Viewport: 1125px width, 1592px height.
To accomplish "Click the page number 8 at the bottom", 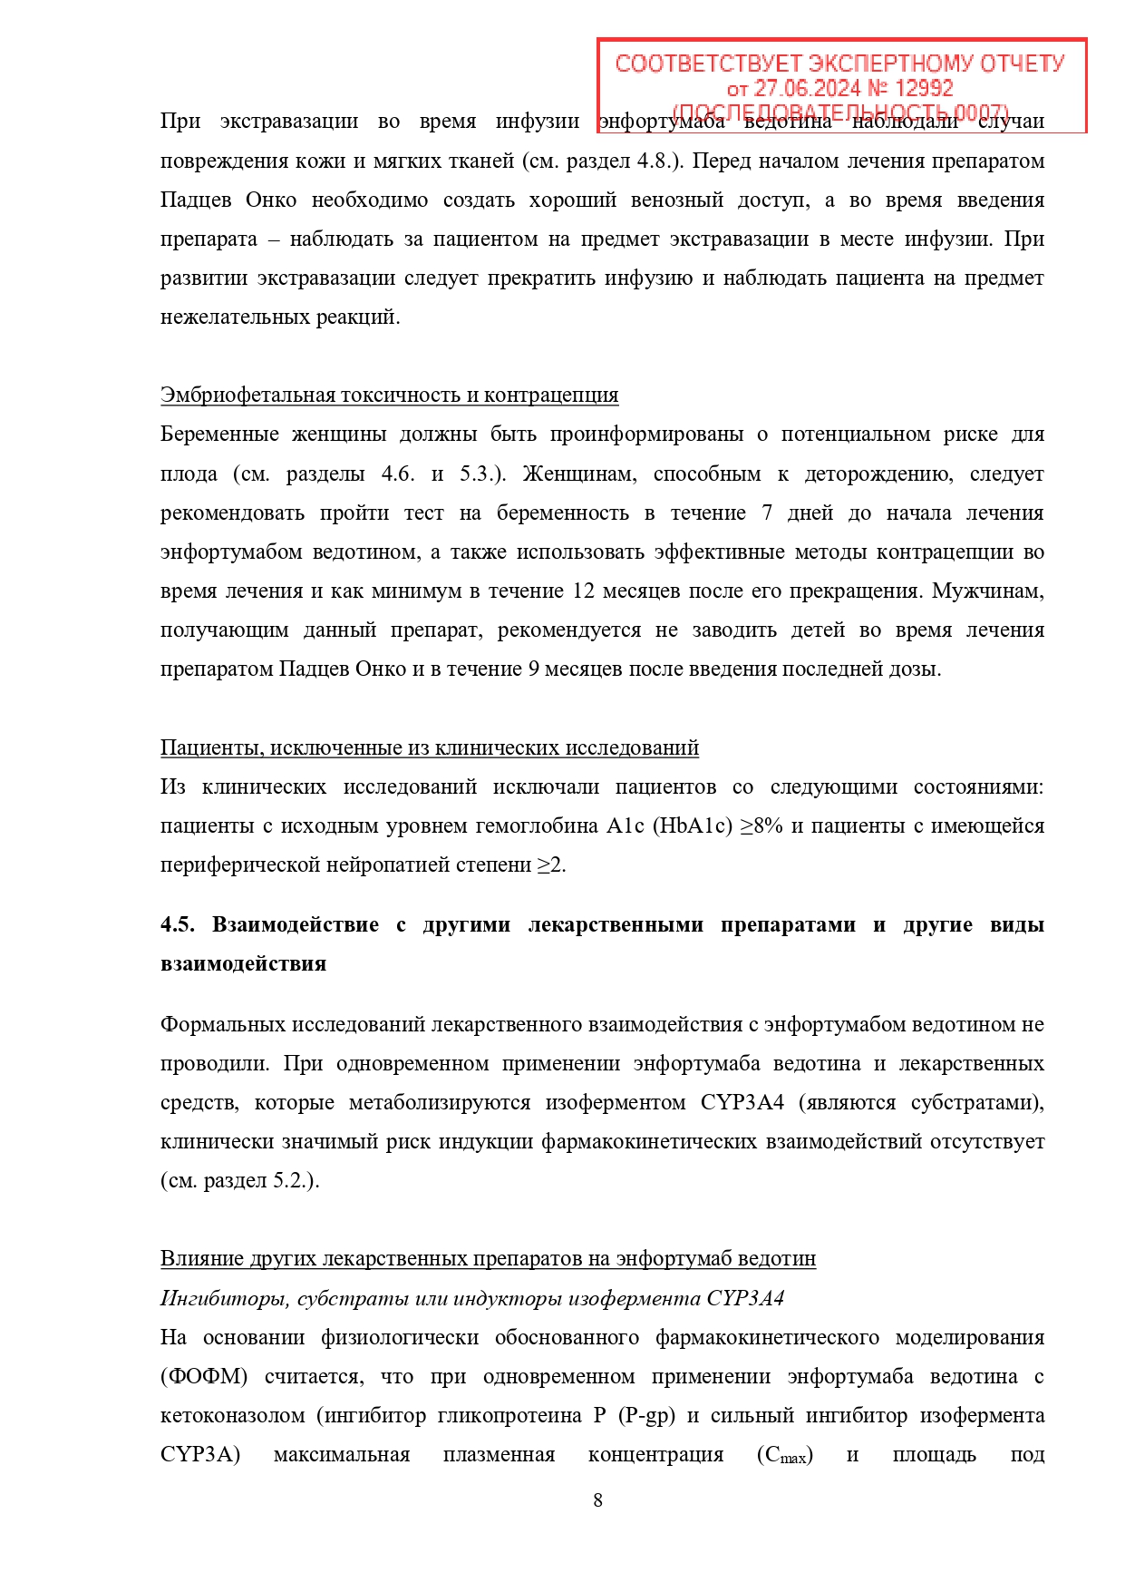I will tap(597, 1500).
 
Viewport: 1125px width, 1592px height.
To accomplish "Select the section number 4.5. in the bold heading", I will tap(178, 924).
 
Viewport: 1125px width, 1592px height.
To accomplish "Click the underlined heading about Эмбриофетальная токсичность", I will tap(389, 396).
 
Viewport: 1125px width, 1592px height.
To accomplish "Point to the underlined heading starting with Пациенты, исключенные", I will tap(429, 747).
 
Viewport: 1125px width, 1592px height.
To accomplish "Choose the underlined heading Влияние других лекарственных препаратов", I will tap(488, 1258).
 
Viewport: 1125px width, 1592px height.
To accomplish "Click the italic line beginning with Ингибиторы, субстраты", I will tap(471, 1298).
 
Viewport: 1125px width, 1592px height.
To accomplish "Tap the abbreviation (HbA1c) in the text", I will tap(692, 826).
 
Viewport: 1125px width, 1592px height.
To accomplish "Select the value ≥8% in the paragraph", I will tap(762, 826).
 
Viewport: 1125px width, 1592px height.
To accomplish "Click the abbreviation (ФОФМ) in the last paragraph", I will tap(204, 1377).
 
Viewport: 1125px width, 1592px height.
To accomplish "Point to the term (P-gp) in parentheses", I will tap(646, 1416).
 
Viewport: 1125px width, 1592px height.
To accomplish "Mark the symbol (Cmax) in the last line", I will tap(785, 1456).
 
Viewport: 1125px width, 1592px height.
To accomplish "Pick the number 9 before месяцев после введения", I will tap(533, 669).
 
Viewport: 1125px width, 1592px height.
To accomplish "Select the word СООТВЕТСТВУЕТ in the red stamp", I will tap(708, 63).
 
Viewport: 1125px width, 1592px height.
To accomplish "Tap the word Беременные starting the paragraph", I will tap(219, 435).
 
